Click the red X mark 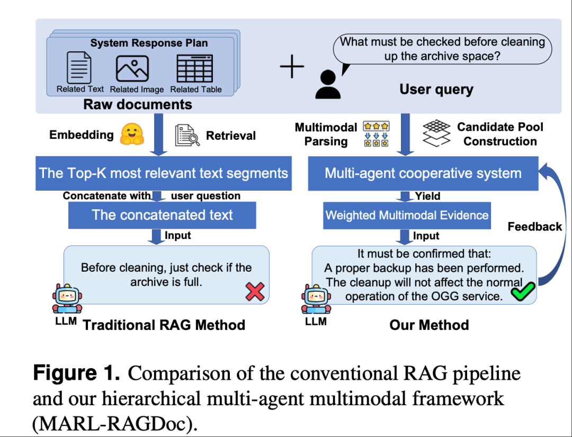coord(255,291)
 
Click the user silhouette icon coord(328,85)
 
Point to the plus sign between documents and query coord(292,67)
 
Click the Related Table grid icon coord(194,68)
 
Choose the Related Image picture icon coord(132,68)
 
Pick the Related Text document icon coord(79,68)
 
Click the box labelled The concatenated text coord(162,215)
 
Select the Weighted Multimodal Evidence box coord(407,215)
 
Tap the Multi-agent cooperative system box coord(423,173)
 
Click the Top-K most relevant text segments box coord(163,173)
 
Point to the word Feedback coord(534,227)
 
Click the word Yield coord(428,196)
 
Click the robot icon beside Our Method coord(315,299)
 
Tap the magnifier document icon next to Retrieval coord(187,136)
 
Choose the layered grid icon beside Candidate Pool coord(436,133)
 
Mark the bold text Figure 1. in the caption coord(76,373)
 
